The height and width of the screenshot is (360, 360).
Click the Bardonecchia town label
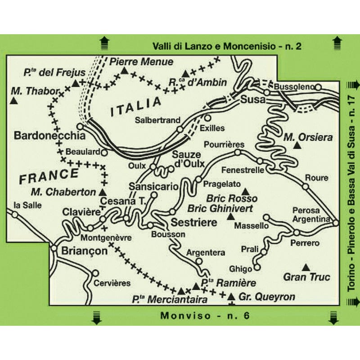pyautogui.click(x=49, y=135)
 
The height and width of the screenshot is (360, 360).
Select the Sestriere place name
pyautogui.click(x=193, y=222)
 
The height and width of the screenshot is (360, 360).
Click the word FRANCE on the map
pyautogui.click(x=49, y=176)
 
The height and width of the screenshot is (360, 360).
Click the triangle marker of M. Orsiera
pyautogui.click(x=297, y=145)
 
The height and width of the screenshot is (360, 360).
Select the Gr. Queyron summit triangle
pyautogui.click(x=231, y=297)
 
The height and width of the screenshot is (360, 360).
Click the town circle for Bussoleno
pyautogui.click(x=318, y=87)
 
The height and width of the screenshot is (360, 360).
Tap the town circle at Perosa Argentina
pyautogui.click(x=335, y=222)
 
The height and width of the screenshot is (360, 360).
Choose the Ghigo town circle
pyautogui.click(x=257, y=267)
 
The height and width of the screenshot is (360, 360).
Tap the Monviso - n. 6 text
pyautogui.click(x=205, y=315)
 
